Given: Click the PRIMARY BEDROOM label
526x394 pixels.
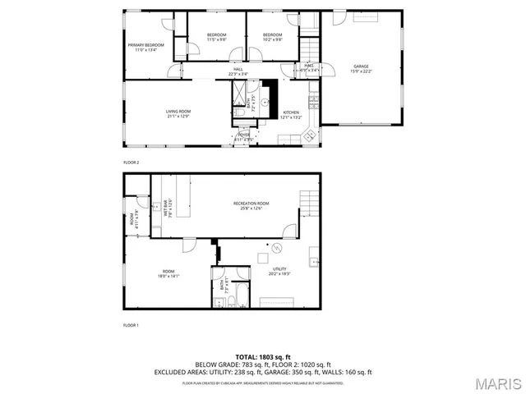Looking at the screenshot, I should pos(145,47).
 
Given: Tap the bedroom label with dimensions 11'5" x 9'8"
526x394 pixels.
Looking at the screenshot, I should pos(216,36).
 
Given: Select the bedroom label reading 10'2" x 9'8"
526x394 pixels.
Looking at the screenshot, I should pos(272,36).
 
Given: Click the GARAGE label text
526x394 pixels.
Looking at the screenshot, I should pos(361,68).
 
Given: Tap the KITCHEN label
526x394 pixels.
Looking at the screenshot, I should pos(293,114).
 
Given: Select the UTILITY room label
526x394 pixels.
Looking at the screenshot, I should pos(279,270).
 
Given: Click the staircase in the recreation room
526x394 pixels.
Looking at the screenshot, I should pos(308,199).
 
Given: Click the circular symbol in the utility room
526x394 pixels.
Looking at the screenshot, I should pos(278,249).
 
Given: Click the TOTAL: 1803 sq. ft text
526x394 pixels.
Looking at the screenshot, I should pos(262,357).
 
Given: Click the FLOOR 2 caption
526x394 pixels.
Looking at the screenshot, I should pos(131,163).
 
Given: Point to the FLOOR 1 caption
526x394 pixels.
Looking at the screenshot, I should pos(131,325).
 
